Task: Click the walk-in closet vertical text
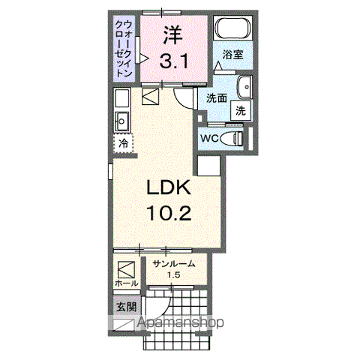coord(124,49)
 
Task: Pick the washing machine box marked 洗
coord(240,109)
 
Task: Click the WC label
coord(210,139)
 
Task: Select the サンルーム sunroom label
coord(174,264)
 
